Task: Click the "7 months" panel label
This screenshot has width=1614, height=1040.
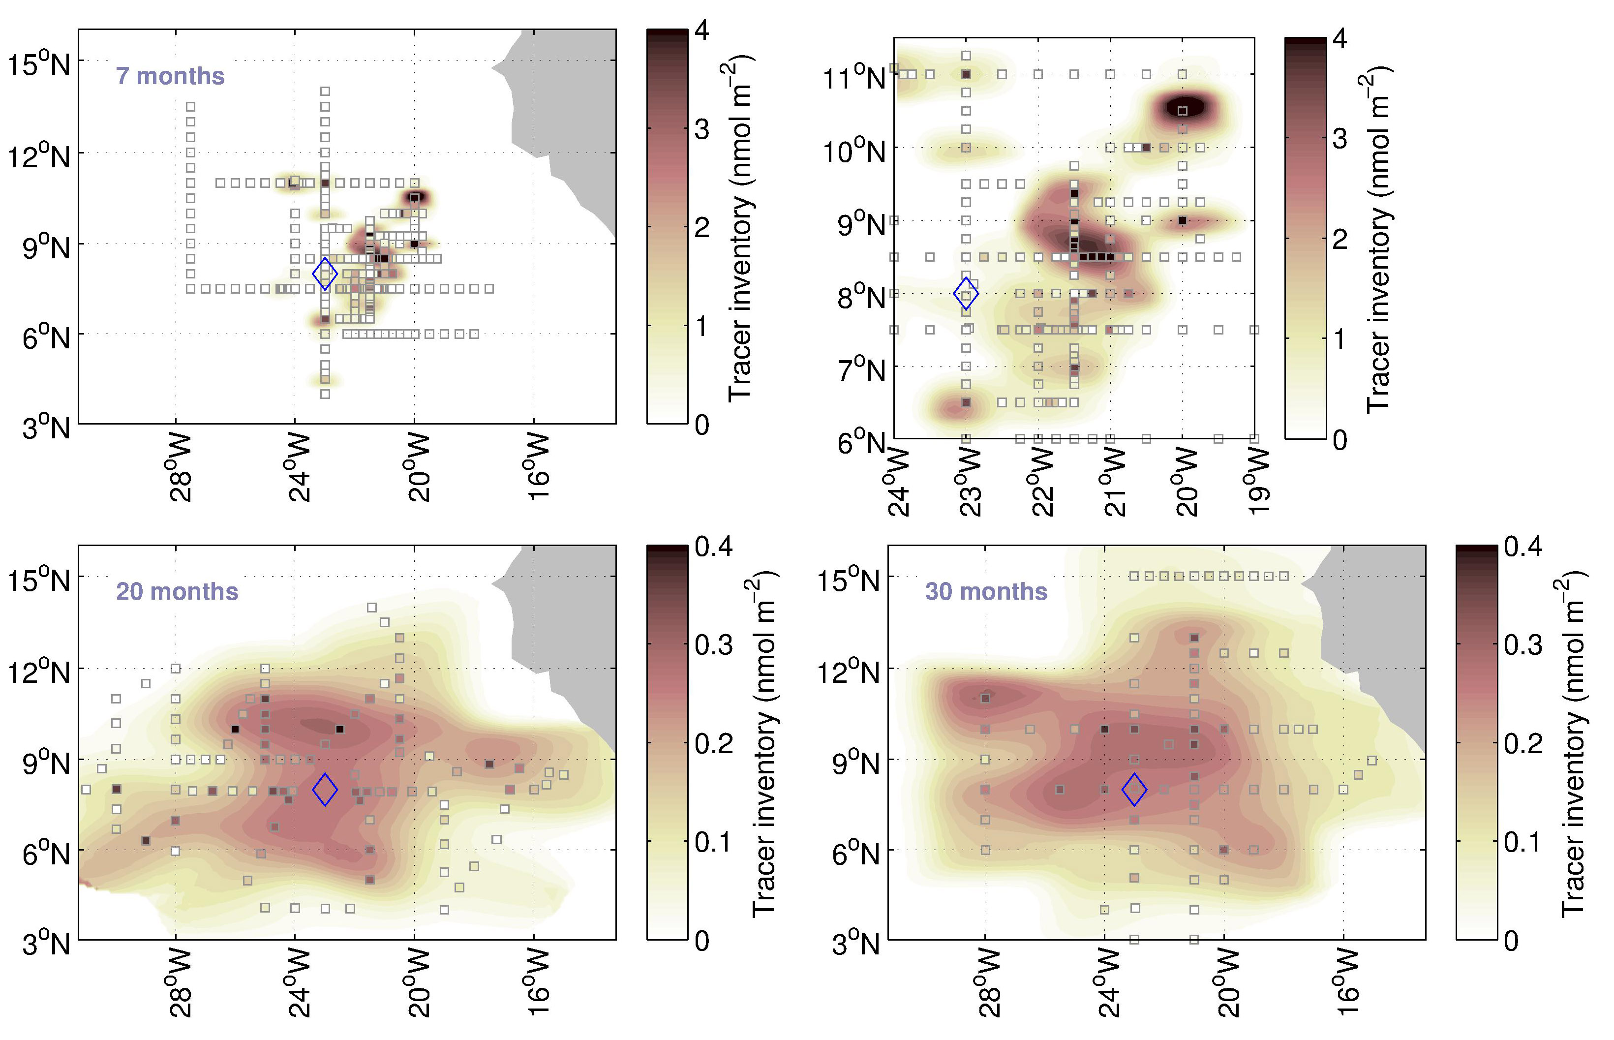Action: (170, 76)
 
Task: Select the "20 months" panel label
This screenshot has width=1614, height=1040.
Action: (177, 592)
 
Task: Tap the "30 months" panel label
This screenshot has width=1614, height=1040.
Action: (986, 592)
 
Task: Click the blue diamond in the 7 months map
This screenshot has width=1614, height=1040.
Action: (325, 274)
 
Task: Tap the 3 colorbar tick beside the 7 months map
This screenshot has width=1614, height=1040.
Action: (701, 128)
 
